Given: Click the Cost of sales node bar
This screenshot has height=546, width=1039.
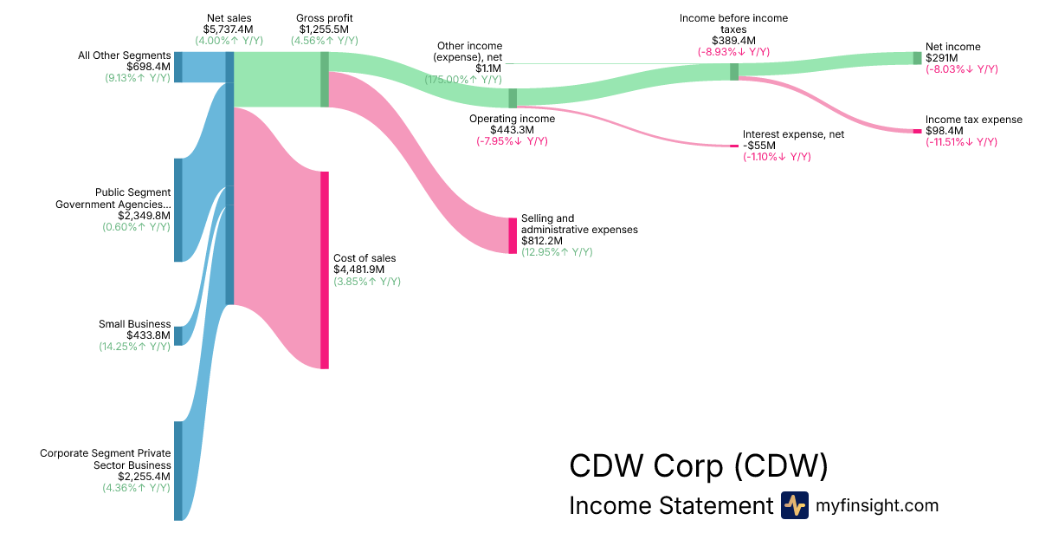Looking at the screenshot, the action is point(325,270).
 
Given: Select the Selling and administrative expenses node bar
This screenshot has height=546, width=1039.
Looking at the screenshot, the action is point(513,236).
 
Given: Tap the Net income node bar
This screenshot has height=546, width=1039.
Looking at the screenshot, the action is point(917,58).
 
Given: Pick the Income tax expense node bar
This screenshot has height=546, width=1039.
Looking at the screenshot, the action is point(917,131).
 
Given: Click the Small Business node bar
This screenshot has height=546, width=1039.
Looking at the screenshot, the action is point(177,335).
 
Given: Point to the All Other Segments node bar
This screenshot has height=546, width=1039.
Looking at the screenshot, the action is point(177,67).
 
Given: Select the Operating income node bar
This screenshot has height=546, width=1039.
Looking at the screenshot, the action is point(513,98).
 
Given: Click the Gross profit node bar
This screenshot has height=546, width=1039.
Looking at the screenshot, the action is point(325,79).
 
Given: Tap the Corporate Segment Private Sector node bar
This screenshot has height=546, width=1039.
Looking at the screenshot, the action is point(177,471).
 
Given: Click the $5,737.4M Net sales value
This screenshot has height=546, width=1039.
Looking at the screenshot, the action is point(229,29).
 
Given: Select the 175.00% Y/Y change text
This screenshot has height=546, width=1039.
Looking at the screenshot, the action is point(463,79).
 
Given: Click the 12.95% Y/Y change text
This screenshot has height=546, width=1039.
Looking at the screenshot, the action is point(557,252).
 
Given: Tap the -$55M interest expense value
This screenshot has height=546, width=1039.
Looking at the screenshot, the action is point(759,146).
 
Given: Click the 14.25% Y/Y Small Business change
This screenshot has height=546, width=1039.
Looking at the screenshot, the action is point(134,347).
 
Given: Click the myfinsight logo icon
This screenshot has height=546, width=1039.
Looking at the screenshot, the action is point(794,505).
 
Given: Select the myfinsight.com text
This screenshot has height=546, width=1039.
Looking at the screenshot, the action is point(877,505).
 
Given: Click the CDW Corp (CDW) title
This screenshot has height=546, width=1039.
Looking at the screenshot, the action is point(698,466).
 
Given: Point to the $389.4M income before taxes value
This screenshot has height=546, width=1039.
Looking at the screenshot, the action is point(733,41).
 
